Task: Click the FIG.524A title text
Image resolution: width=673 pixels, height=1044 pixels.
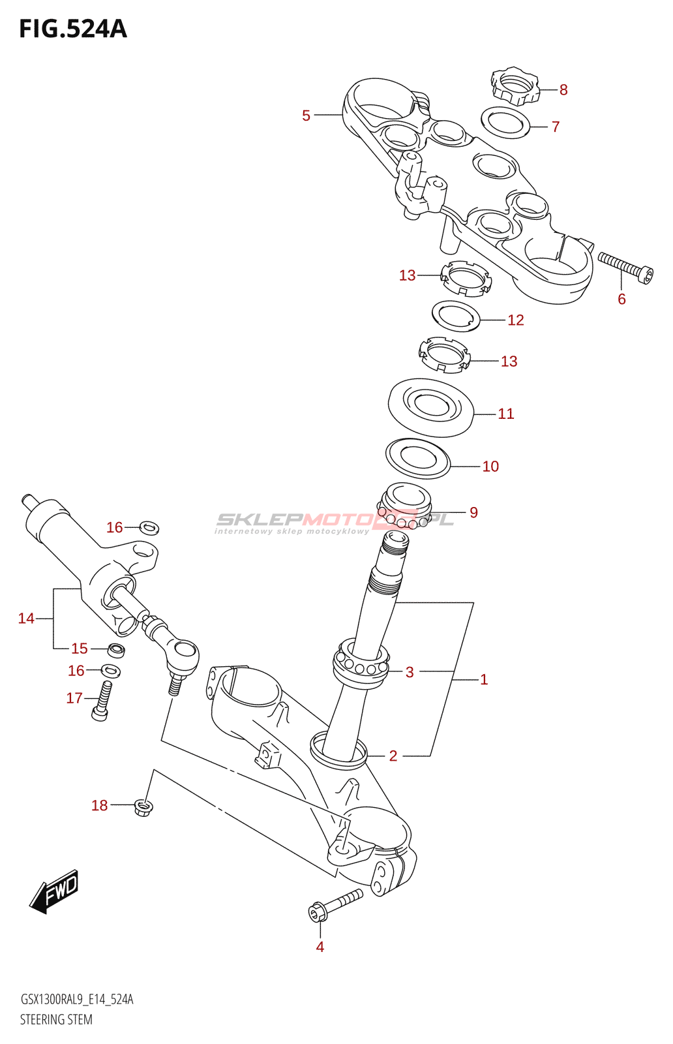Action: coord(73,29)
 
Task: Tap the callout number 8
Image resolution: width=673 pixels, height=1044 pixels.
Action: coord(563,90)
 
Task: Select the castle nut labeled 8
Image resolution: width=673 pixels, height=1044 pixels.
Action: coord(515,85)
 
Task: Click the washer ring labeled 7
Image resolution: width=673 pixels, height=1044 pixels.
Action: coord(505,123)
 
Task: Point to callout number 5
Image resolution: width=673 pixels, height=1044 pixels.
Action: coord(306,115)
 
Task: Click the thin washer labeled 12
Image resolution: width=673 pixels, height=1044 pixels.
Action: coord(456,316)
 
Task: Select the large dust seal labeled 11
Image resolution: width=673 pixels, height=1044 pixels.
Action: coord(430,408)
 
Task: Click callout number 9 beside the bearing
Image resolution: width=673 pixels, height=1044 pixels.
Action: coord(473,513)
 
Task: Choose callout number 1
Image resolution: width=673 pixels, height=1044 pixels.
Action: coord(484,680)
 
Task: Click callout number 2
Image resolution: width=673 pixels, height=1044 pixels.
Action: coord(393,756)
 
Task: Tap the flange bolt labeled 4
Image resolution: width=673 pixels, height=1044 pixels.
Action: coord(335,904)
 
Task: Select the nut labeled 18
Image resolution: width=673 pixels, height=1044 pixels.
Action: coord(143,808)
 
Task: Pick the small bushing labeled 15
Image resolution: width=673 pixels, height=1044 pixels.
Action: coord(116,650)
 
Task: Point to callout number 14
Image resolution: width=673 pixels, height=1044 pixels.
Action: coord(26,618)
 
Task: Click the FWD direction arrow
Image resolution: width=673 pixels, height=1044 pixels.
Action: coord(55,891)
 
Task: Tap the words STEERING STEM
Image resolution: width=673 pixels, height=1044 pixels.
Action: coord(56,1019)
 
